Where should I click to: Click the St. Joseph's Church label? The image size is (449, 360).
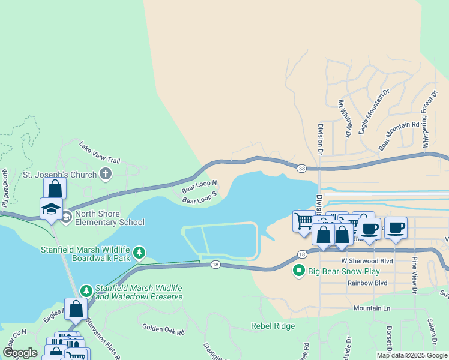59,175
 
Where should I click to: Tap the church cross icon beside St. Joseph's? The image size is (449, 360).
106,175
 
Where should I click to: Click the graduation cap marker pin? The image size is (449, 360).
51,209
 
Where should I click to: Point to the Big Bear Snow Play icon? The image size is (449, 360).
298,271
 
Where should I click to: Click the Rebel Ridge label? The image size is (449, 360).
273,326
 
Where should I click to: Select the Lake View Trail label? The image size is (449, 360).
100,152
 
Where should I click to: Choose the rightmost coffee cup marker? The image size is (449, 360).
396,227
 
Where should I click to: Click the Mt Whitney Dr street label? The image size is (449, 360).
344,119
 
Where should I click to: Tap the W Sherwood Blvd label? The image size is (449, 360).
367,261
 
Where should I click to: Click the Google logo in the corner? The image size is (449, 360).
20,353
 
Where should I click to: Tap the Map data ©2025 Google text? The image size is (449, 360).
411,355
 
